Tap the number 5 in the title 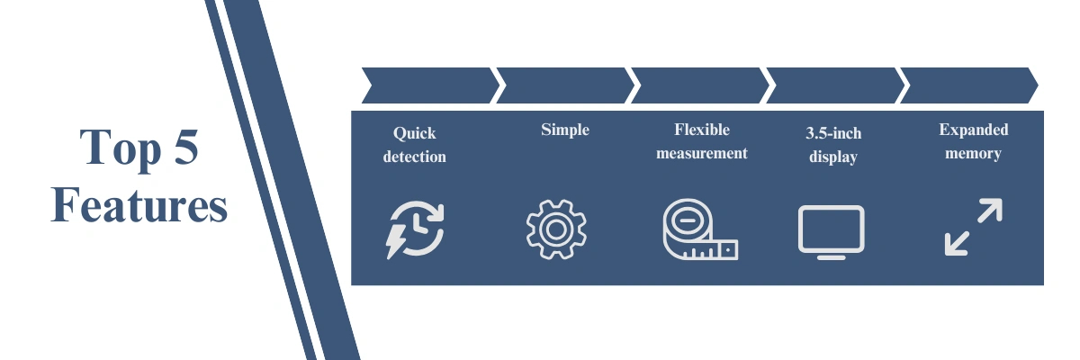(184, 148)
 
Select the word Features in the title (139, 205)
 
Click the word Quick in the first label (414, 133)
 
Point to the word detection (414, 157)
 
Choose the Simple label (565, 130)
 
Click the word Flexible (702, 130)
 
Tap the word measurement (702, 153)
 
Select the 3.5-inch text (832, 133)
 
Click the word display (832, 157)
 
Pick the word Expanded (974, 130)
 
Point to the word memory (974, 153)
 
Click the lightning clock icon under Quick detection (416, 229)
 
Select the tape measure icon (699, 230)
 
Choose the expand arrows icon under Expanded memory (974, 227)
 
